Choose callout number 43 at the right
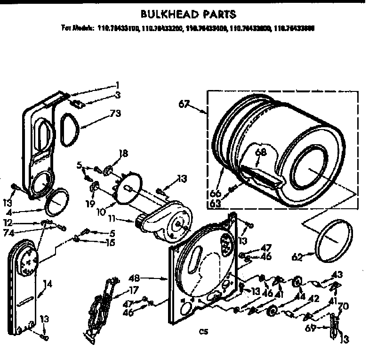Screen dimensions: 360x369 pos(337,274)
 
